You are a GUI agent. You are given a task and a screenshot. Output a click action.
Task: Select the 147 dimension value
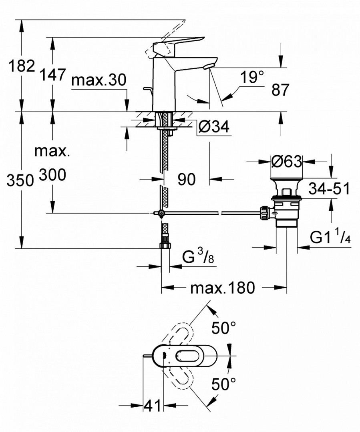pos(52,75)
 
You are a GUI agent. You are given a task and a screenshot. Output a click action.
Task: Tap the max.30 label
pos(99,80)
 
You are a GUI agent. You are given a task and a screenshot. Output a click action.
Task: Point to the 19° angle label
pos(252,77)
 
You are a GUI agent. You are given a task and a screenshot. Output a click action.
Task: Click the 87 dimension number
pos(280,90)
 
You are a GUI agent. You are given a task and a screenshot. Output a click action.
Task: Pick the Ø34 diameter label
pos(214,128)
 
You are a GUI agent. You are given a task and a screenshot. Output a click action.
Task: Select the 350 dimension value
pos(19,181)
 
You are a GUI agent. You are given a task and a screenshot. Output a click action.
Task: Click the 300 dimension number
pos(52,174)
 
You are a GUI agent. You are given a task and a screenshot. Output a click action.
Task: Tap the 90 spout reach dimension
pos(186,180)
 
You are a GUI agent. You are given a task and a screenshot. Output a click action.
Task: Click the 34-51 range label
pos(329,188)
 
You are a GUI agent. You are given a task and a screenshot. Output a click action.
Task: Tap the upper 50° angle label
pos(223,328)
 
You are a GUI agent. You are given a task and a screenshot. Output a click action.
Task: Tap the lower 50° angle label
pos(223,385)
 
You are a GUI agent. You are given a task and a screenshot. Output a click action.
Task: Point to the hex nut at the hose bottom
pos(164,245)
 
